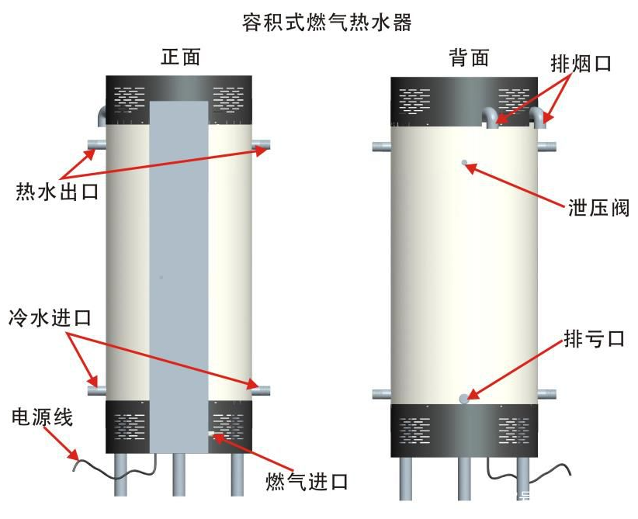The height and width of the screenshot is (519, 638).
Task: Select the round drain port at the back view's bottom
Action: pos(464,399)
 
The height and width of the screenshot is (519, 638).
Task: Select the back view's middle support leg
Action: pos(464,477)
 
